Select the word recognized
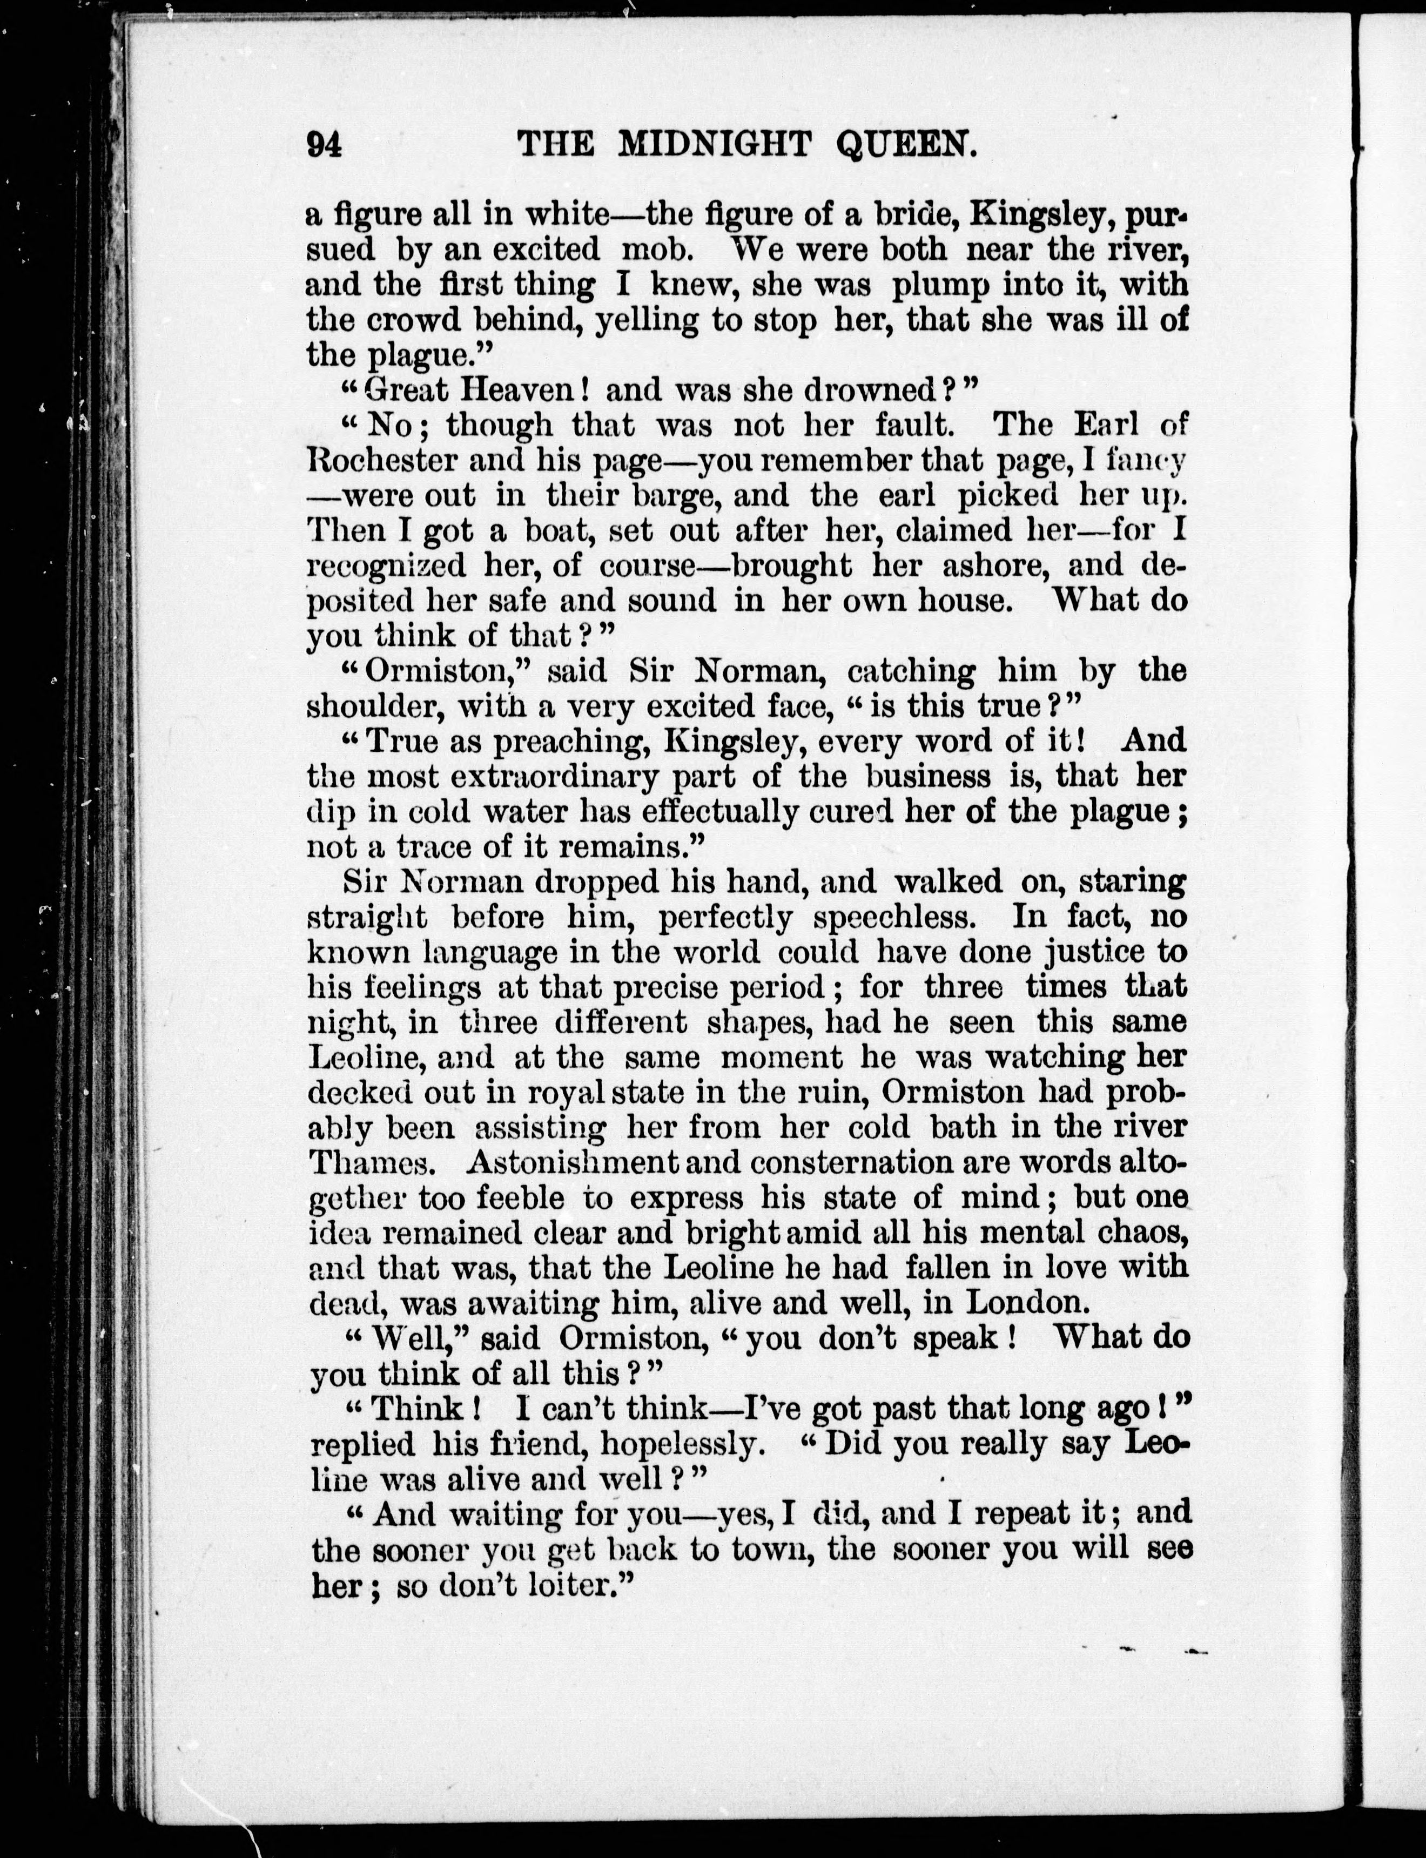[386, 566]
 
